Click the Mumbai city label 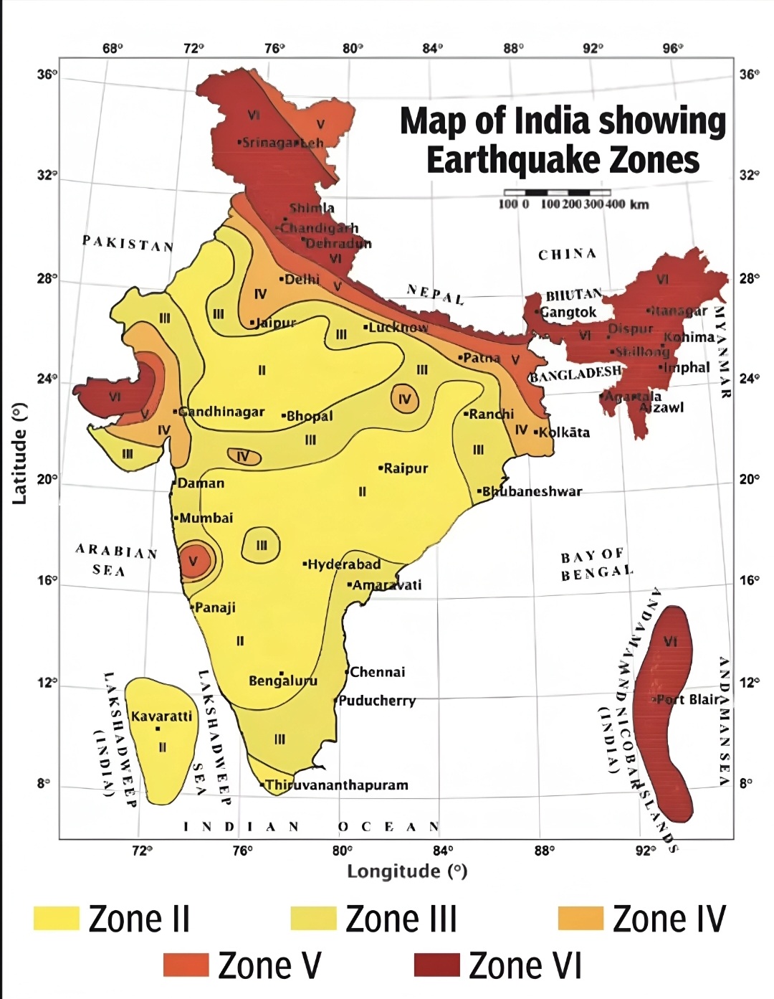pos(206,518)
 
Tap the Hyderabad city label pos(343,564)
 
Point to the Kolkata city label pos(564,432)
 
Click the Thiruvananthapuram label pos(336,785)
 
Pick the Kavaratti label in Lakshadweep pos(161,716)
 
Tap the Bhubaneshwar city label pos(531,491)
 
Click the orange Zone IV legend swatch pos(580,919)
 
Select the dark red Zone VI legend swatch pos(436,965)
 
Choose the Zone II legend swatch pos(56,919)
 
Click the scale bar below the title pos(557,193)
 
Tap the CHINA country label pos(567,254)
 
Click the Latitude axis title pos(19,453)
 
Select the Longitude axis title pos(407,871)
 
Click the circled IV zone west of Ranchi pos(405,399)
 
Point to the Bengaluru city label pos(282,681)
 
